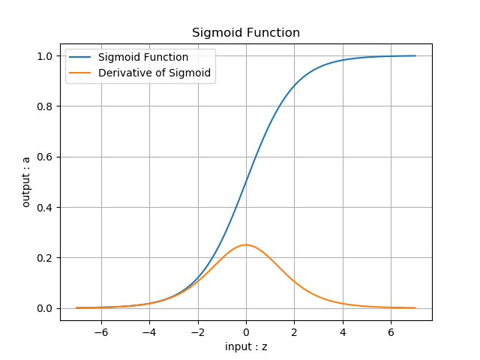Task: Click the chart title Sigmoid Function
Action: coord(246,33)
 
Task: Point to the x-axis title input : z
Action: coord(246,346)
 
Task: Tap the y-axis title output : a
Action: coord(26,182)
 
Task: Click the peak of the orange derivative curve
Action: coord(246,244)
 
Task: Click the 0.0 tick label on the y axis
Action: coord(44,308)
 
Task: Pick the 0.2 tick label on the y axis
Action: coord(44,258)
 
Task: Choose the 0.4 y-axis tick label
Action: coord(44,208)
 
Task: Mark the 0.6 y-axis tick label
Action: coord(44,157)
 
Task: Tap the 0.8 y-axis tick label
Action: coord(44,106)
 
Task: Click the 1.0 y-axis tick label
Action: coord(44,56)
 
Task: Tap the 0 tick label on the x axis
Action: coord(246,331)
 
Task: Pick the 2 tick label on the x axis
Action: coord(294,331)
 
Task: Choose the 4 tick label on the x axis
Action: coord(343,331)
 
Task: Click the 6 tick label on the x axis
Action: coord(391,331)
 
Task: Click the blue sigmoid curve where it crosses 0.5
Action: coord(246,182)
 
